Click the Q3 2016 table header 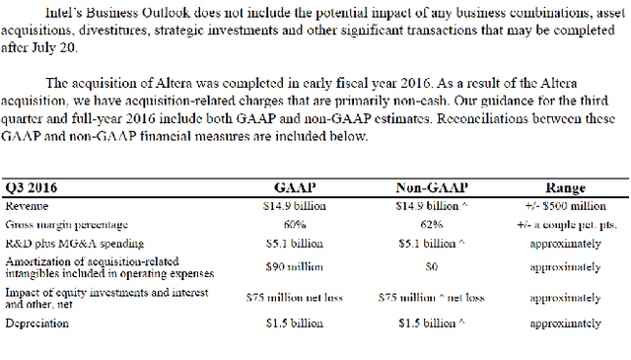pyautogui.click(x=29, y=188)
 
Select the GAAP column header pyautogui.click(x=294, y=188)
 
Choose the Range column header pyautogui.click(x=566, y=188)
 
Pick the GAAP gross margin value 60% pyautogui.click(x=293, y=224)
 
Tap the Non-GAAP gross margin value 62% pyautogui.click(x=433, y=224)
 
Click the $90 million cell pyautogui.click(x=294, y=266)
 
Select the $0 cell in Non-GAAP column pyautogui.click(x=433, y=266)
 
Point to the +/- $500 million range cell pyautogui.click(x=566, y=206)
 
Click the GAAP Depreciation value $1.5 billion pyautogui.click(x=294, y=323)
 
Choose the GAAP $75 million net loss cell pyautogui.click(x=294, y=296)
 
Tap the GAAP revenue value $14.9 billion pyautogui.click(x=294, y=206)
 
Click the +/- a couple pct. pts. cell pyautogui.click(x=566, y=224)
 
